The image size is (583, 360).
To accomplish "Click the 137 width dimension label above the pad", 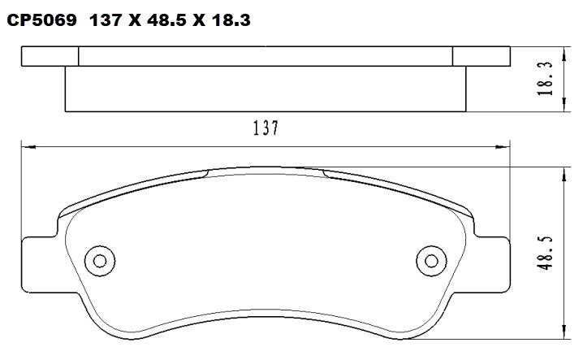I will coord(266,128).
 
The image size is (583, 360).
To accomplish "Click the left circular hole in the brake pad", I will coord(101,261).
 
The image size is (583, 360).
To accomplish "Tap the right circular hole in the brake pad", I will coord(429,261).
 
